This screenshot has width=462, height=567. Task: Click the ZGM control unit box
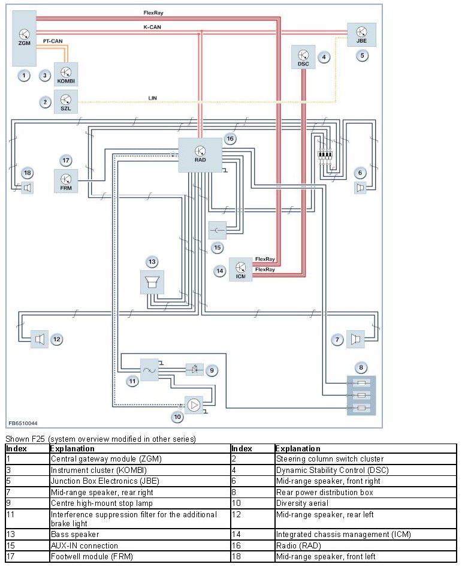pyautogui.click(x=24, y=38)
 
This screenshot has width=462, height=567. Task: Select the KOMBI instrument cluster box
pyautogui.click(x=66, y=74)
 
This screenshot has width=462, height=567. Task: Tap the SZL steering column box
pyautogui.click(x=66, y=102)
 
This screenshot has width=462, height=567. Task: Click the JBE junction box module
pyautogui.click(x=361, y=35)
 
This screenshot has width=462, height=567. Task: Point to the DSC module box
pyautogui.click(x=303, y=57)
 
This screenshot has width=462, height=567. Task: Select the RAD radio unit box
pyautogui.click(x=200, y=155)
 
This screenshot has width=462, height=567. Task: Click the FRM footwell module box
pyautogui.click(x=66, y=181)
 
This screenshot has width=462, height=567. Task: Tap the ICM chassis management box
pyautogui.click(x=241, y=269)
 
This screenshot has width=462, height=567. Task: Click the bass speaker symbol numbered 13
pyautogui.click(x=152, y=282)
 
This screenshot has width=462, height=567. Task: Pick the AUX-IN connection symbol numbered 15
pyautogui.click(x=218, y=230)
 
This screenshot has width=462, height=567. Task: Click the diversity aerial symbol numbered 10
pyautogui.click(x=194, y=405)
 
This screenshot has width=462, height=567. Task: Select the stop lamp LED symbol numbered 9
pyautogui.click(x=195, y=370)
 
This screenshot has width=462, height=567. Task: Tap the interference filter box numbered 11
pyautogui.click(x=149, y=370)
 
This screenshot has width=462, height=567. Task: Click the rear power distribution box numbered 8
pyautogui.click(x=361, y=395)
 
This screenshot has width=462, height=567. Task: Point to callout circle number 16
pyautogui.click(x=230, y=138)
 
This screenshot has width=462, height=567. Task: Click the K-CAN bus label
pyautogui.click(x=152, y=27)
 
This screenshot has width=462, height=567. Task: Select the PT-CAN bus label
pyautogui.click(x=53, y=41)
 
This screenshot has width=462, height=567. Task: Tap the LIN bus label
pyautogui.click(x=153, y=98)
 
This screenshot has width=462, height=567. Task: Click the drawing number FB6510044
pyautogui.click(x=23, y=423)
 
